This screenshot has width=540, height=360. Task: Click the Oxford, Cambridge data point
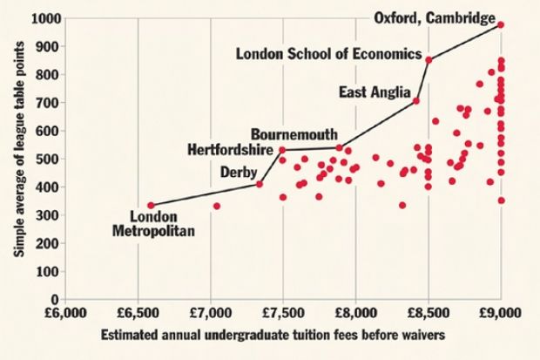501,24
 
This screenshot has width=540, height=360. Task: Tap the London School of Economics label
328,54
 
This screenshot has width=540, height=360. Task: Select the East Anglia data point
416,101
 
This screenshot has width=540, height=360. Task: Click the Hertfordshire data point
282,150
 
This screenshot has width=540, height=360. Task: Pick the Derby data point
260,184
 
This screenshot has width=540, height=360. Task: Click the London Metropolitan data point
151,206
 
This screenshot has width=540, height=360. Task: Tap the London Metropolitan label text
154,224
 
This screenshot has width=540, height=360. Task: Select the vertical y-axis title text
17,157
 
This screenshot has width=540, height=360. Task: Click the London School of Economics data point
429,59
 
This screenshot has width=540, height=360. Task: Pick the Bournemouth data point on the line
340,146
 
